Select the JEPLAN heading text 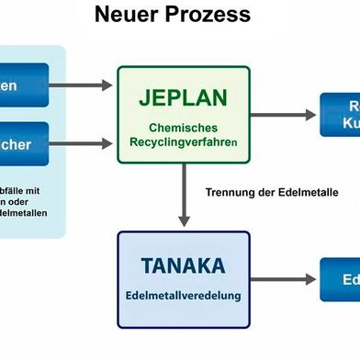(x=182, y=96)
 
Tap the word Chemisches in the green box (x=183, y=128)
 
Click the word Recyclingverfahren (x=183, y=144)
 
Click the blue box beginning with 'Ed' (x=340, y=279)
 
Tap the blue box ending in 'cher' (x=24, y=143)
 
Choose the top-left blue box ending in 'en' (x=24, y=85)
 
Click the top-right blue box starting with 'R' (x=340, y=115)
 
